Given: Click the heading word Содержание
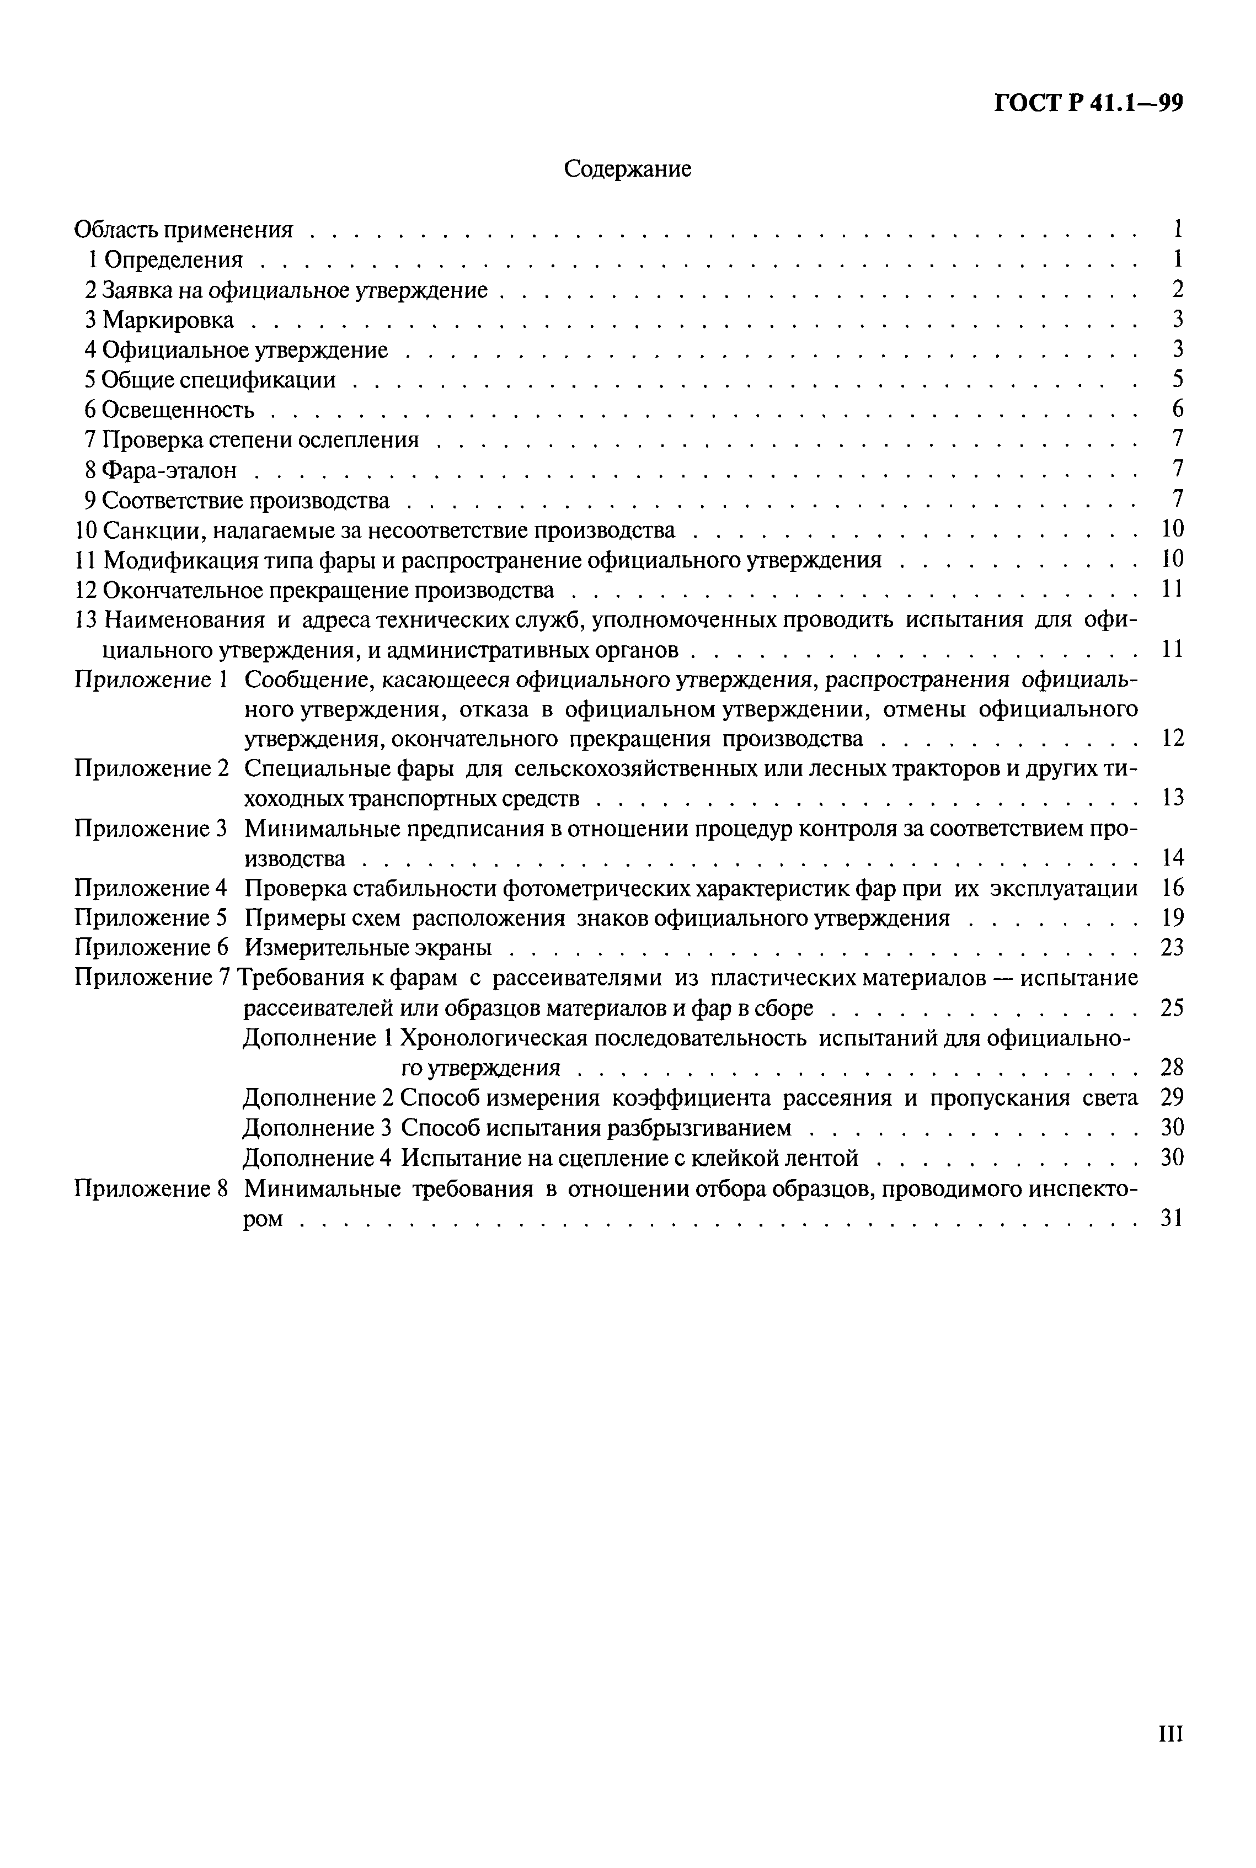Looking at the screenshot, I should tap(627, 169).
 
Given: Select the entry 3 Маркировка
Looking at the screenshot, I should tap(159, 320).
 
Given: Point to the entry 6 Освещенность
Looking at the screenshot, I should tap(169, 410).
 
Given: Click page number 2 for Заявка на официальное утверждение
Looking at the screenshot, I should tap(1177, 289).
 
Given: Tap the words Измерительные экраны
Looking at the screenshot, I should tap(368, 948).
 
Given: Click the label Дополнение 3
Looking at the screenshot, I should tap(317, 1128).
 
